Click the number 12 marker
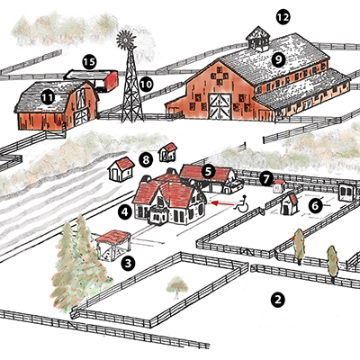pos(283,17)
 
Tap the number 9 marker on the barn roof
pos(279,60)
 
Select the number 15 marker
pos(89,62)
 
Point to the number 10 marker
pos(146,85)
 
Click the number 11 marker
pos(48,97)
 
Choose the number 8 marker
pos(146,160)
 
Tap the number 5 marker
pos(209,171)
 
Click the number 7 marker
pos(266,179)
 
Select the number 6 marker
pos(315,206)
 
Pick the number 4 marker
pos(125,212)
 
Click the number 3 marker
pos(128,264)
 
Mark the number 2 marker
pos(277,300)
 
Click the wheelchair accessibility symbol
pos(242,203)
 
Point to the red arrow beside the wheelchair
pos(222,203)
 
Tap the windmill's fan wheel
pos(126,40)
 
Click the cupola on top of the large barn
pos(257,39)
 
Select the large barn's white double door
pos(220,106)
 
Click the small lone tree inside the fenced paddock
pos(177,287)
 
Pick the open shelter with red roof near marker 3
pos(113,245)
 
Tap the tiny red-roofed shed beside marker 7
pos(279,186)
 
